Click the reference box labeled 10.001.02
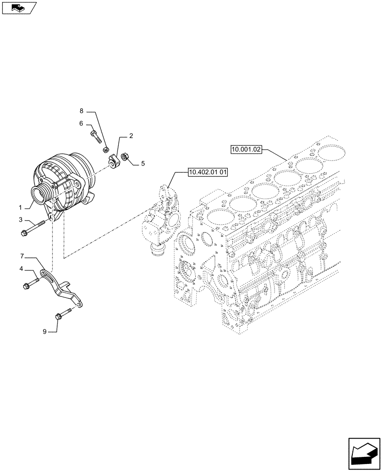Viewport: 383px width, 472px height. coord(246,150)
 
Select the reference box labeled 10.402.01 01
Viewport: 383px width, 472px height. coord(208,172)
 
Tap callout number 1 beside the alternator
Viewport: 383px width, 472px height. coord(20,207)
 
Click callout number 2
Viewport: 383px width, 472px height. coord(131,136)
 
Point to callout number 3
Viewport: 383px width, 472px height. coord(20,219)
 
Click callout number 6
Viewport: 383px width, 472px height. coord(81,124)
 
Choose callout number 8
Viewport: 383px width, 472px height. coord(81,111)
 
